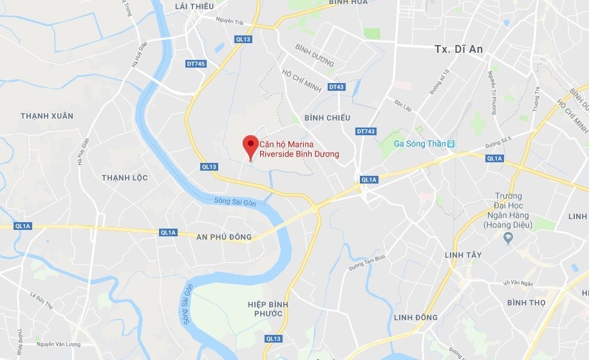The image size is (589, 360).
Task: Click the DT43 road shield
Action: coord(336,87)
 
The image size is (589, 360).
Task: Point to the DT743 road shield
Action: coord(365,131)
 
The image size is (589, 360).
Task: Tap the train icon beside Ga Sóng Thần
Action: coord(451,144)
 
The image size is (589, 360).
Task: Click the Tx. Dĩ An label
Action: coord(458,49)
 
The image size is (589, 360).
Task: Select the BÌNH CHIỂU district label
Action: coord(327,118)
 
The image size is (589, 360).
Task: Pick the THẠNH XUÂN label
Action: coord(47,116)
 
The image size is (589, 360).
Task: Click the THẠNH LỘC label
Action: coord(125,177)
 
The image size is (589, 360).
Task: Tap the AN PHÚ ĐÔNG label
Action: coord(223,237)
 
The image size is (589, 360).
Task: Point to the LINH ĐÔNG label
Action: coord(415,317)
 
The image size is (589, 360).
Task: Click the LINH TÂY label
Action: coord(463,255)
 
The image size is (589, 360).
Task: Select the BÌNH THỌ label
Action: coord(526,302)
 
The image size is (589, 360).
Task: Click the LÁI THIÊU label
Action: coord(194,6)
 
